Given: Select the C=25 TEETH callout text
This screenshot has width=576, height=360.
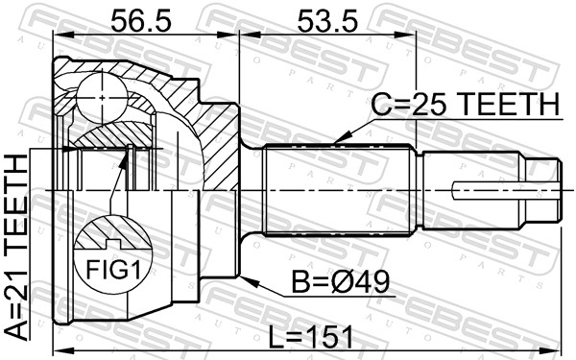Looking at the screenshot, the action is pos(466,104).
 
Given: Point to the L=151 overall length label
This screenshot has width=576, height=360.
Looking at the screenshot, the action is pos(310,337).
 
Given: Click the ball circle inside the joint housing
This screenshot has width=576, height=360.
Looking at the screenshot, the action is pos(102,98).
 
